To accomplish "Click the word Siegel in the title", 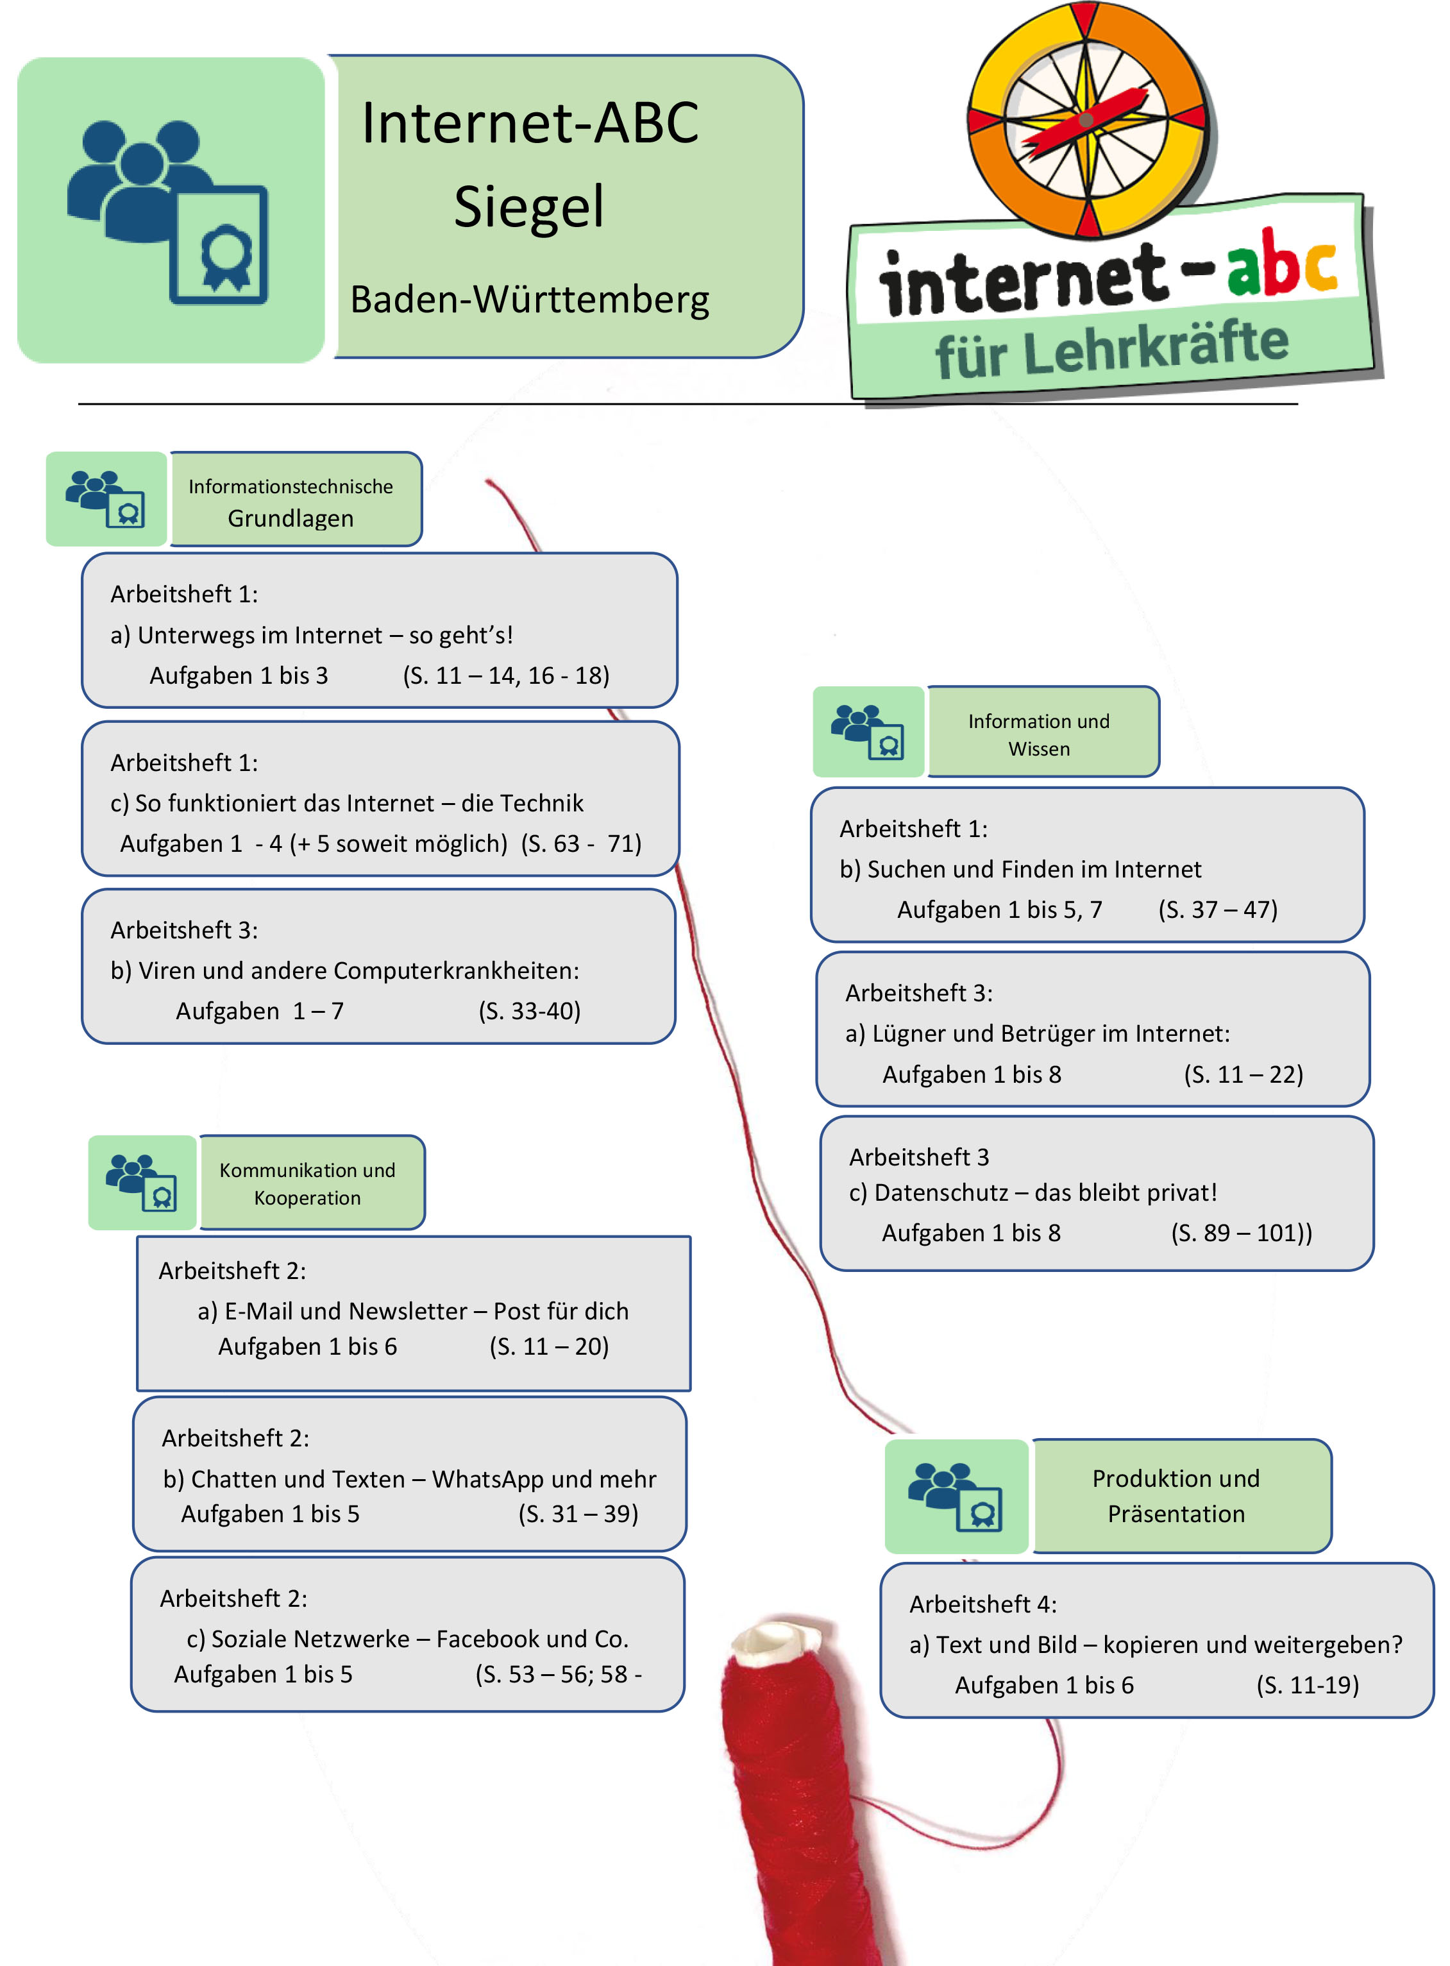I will (528, 207).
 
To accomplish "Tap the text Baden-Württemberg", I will (529, 300).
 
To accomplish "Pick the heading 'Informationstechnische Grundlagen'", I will (291, 502).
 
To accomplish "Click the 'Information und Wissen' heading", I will (1038, 734).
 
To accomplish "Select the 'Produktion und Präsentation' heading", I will (1176, 1496).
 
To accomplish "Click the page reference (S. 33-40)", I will (529, 1011).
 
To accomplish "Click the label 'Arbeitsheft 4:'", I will (982, 1604).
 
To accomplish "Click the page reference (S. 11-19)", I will (1307, 1685).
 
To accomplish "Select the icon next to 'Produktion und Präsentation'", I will (956, 1496).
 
